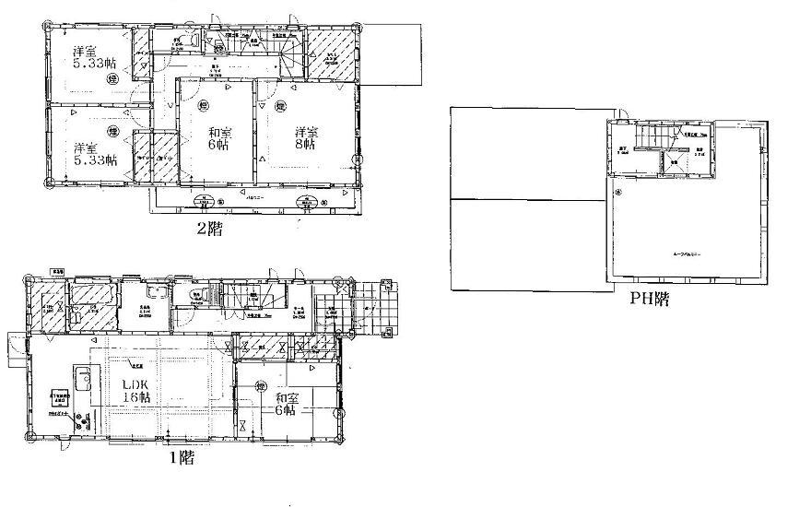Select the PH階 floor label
649,298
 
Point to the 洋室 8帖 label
306,138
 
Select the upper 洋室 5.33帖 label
95,59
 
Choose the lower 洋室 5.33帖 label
95,153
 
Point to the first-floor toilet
200,296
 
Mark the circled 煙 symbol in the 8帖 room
276,108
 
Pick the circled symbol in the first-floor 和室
261,386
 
